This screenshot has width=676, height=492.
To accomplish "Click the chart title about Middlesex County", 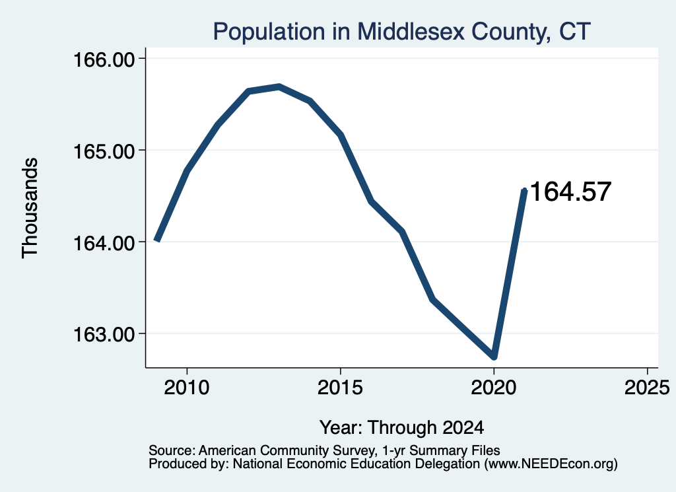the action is (401, 32).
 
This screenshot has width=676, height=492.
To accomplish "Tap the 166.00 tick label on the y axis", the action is (104, 59).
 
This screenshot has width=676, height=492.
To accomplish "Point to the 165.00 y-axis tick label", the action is (104, 151).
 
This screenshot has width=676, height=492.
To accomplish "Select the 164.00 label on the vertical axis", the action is (104, 242).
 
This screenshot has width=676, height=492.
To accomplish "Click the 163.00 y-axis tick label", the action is (104, 334).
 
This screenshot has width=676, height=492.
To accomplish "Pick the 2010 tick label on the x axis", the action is (187, 387).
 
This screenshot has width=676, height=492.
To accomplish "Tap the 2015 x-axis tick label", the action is (340, 387).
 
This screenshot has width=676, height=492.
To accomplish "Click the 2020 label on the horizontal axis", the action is (494, 387).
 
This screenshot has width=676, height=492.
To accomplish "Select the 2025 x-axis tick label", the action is (647, 387).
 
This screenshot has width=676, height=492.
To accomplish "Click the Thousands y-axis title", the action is (30, 208).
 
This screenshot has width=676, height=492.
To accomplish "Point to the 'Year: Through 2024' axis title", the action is (402, 427).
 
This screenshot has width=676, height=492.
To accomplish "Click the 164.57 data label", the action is (570, 192).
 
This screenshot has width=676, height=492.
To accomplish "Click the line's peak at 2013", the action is (279, 87).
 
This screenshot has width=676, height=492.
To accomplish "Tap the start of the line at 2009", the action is (157, 240).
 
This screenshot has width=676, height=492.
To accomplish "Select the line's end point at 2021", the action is (524, 190).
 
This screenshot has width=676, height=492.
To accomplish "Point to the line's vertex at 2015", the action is (341, 135).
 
